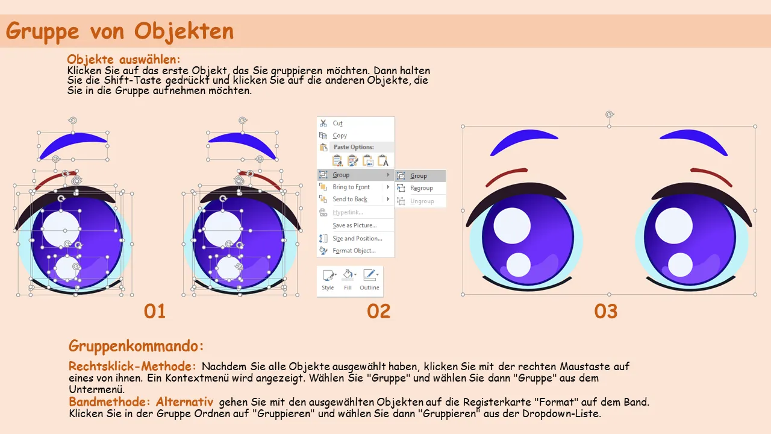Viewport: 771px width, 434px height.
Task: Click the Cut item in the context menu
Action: (337, 124)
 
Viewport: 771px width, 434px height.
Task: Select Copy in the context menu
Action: (340, 136)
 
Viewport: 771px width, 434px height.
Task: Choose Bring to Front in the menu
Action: (351, 187)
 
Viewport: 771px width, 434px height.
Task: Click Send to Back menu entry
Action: (350, 199)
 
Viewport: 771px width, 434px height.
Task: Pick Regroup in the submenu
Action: (421, 188)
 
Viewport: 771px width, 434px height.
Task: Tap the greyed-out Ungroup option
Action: (422, 201)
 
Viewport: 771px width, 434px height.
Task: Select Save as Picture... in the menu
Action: (355, 225)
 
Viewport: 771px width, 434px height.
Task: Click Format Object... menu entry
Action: (354, 251)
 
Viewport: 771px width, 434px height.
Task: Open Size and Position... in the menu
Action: (357, 238)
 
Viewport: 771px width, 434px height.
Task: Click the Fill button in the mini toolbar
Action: (348, 280)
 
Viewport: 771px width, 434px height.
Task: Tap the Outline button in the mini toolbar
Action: (369, 280)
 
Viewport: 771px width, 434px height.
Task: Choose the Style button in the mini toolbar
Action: (328, 280)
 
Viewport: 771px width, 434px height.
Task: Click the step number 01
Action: (155, 312)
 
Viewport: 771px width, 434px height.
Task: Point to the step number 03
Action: (606, 312)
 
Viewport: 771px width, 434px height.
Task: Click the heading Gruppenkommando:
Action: (136, 346)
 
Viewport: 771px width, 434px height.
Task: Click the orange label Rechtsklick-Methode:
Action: (132, 366)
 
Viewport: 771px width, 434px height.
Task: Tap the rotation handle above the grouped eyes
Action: (610, 115)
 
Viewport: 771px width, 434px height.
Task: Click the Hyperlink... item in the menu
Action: (348, 213)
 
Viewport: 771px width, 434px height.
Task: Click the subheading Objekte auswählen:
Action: (123, 59)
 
